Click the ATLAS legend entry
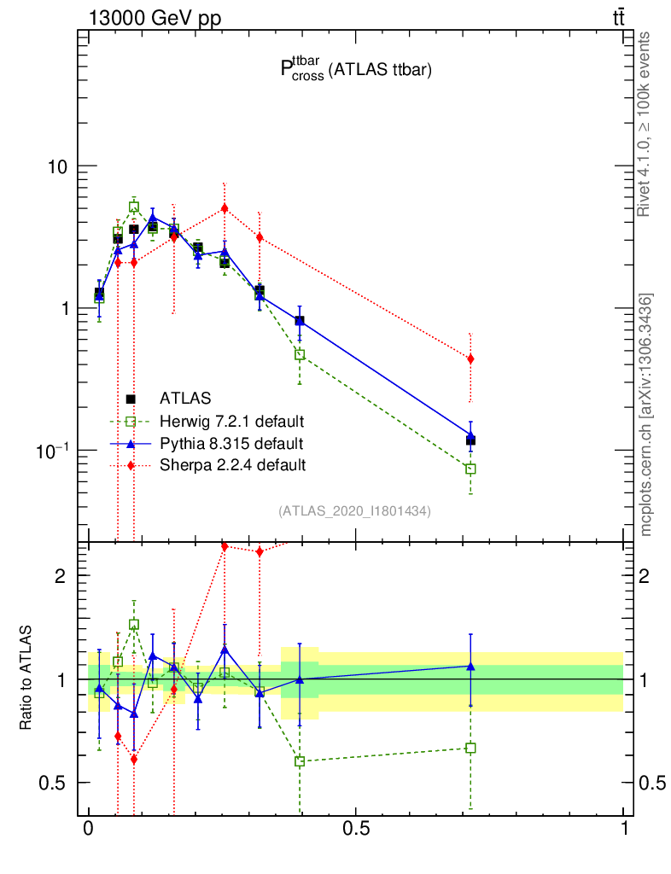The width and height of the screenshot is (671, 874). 185,398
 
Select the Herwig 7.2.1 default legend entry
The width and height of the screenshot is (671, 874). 231,421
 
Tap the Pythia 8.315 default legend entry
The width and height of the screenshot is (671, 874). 230,443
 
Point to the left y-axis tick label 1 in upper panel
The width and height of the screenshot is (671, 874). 64,308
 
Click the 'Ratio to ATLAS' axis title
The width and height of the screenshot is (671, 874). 26,678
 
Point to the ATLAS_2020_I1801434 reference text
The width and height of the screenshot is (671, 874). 354,511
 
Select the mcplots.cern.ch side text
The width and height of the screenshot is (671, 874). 646,415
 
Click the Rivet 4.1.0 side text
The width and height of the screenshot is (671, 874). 645,124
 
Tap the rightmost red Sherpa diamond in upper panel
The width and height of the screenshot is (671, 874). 470,359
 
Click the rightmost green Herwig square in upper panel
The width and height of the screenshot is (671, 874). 470,469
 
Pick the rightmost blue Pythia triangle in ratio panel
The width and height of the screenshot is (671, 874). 470,667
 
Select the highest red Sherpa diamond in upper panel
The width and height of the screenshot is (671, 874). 225,207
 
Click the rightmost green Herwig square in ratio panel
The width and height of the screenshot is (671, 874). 470,748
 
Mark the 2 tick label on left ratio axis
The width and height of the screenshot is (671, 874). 61,575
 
